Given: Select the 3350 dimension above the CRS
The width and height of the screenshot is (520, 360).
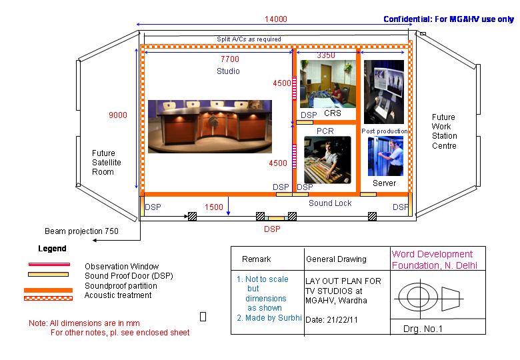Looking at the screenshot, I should pyautogui.click(x=326, y=55).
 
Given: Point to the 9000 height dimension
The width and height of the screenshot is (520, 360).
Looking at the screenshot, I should pyautogui.click(x=118, y=115).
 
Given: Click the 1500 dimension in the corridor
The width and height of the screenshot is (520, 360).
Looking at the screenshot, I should pyautogui.click(x=213, y=207).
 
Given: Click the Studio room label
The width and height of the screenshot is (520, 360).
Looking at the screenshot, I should pyautogui.click(x=228, y=71).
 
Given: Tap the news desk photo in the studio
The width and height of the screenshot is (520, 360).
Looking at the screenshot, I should pyautogui.click(x=210, y=127).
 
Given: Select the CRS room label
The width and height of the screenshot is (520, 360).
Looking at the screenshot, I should pyautogui.click(x=333, y=113).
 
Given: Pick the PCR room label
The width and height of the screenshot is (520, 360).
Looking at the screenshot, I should pyautogui.click(x=325, y=131).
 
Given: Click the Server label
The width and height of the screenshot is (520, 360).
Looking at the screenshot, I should pyautogui.click(x=384, y=183).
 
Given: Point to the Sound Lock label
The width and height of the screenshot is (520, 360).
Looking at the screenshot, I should pyautogui.click(x=330, y=203).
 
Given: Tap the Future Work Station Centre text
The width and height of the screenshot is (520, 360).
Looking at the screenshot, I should pyautogui.click(x=444, y=131).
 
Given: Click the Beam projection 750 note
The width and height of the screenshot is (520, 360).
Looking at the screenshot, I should pyautogui.click(x=82, y=231).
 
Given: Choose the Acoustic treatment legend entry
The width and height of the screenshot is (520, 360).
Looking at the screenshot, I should pyautogui.click(x=118, y=295).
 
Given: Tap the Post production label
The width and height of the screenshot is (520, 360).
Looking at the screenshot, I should pyautogui.click(x=384, y=131).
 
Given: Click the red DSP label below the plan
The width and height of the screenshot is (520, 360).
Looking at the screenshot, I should pyautogui.click(x=272, y=229).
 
